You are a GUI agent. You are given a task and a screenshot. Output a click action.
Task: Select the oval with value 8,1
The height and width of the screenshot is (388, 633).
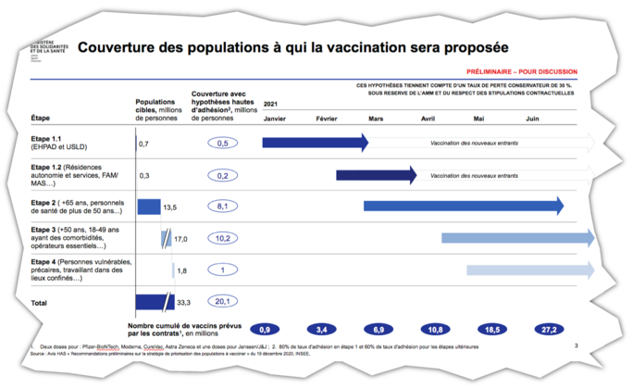point(222,207)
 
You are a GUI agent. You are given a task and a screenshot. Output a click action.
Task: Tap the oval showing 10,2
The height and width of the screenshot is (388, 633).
point(222,238)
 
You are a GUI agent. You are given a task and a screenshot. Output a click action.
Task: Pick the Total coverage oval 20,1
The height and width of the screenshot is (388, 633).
point(222,301)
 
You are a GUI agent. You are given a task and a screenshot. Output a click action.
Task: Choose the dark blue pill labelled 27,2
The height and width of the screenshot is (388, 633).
point(549,330)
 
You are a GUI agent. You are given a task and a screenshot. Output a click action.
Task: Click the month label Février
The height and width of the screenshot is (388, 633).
point(326,119)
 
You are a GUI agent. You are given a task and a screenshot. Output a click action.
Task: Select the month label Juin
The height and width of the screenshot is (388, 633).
point(532,119)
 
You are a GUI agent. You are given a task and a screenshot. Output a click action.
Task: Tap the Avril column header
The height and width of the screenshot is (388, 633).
point(428,119)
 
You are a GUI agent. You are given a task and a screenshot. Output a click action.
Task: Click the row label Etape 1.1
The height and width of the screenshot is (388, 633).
point(46,139)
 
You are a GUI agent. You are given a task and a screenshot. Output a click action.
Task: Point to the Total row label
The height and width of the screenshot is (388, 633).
point(41,302)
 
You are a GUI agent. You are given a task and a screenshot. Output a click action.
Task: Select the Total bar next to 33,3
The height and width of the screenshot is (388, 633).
point(153,301)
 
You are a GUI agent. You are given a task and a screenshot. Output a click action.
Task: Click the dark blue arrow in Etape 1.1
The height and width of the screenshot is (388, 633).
point(315,143)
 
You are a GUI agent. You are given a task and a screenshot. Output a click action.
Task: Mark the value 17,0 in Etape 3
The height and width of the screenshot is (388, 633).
point(180,238)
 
